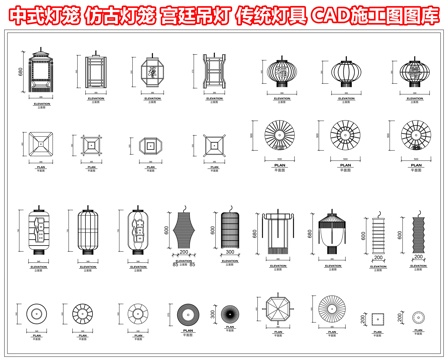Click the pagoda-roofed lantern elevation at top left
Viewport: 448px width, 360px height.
click(x=41, y=75)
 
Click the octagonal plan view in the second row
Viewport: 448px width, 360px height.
click(x=149, y=144)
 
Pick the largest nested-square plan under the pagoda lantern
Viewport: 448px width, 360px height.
click(x=41, y=146)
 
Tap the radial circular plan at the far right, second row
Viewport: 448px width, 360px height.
click(x=412, y=137)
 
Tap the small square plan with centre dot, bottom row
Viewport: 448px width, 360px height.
click(x=378, y=316)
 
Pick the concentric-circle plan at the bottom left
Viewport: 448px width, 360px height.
click(x=37, y=312)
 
